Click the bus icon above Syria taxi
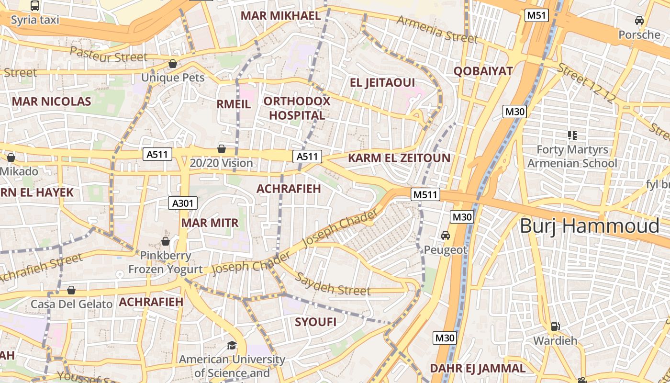pyautogui.click(x=35, y=6)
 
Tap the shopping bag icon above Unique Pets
pyautogui.click(x=173, y=64)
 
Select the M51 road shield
pyautogui.click(x=536, y=15)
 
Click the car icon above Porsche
pyautogui.click(x=639, y=21)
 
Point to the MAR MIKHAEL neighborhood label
pyautogui.click(x=280, y=15)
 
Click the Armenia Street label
pyautogui.click(x=437, y=29)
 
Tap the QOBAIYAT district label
pyautogui.click(x=483, y=71)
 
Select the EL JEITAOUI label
pyautogui.click(x=382, y=83)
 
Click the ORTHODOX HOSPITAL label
pyautogui.click(x=297, y=108)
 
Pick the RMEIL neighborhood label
pyautogui.click(x=234, y=104)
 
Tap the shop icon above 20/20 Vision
pyautogui.click(x=221, y=149)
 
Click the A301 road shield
pyautogui.click(x=183, y=203)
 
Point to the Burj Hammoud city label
pyautogui.click(x=590, y=225)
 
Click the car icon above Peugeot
pyautogui.click(x=446, y=236)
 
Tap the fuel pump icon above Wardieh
pyautogui.click(x=555, y=327)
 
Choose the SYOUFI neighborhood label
pyautogui.click(x=315, y=322)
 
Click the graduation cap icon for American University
pyautogui.click(x=232, y=345)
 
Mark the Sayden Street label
pyautogui.click(x=332, y=284)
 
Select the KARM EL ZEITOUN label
pyautogui.click(x=399, y=158)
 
